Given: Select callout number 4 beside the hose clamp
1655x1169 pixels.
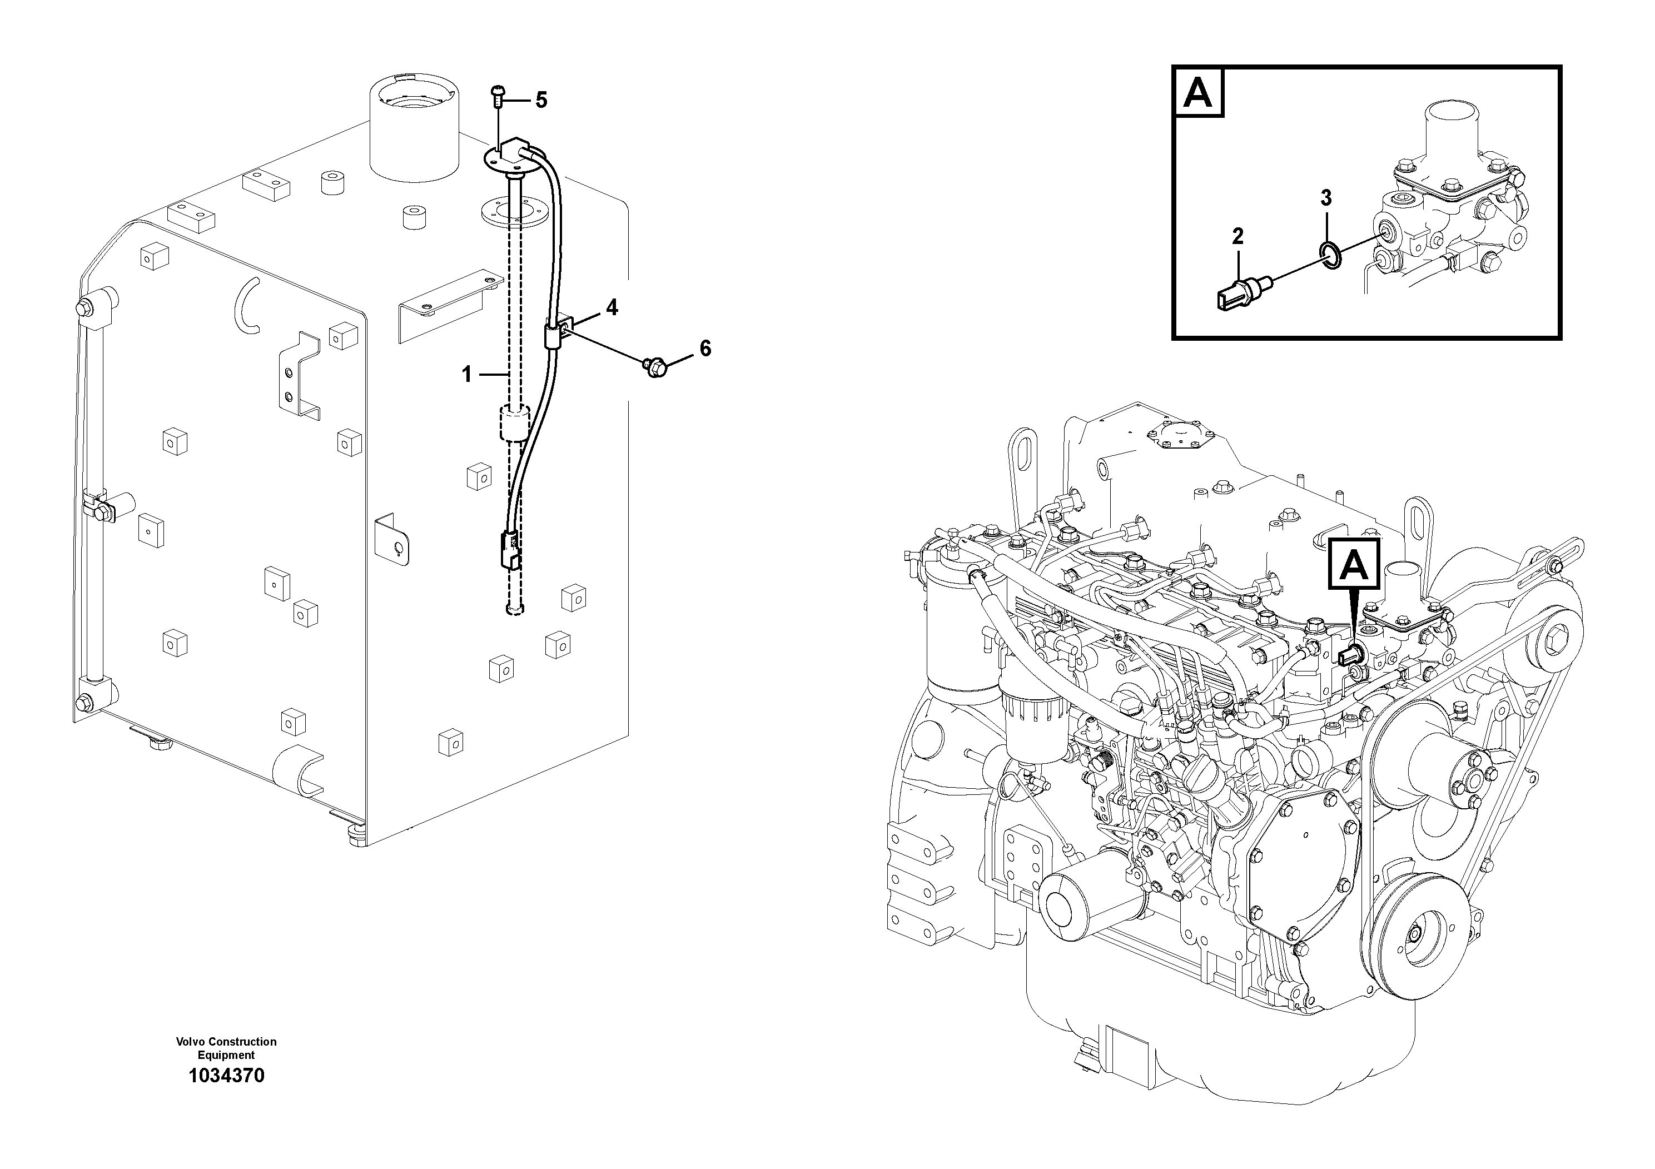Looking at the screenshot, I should [x=612, y=308].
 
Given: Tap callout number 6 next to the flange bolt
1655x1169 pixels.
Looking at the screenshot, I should [x=705, y=349].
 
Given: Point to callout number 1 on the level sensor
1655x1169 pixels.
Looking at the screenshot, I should [x=466, y=374].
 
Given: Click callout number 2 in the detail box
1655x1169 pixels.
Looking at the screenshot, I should [x=1237, y=236].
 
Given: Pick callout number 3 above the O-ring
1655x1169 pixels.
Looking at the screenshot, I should [x=1326, y=197].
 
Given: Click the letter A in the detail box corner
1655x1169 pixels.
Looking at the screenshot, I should [x=1198, y=93].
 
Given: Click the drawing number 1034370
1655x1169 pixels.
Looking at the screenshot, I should [x=226, y=1076].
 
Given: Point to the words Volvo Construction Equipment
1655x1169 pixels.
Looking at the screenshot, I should [x=226, y=1048].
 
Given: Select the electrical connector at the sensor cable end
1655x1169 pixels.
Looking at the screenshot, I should [x=510, y=550].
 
